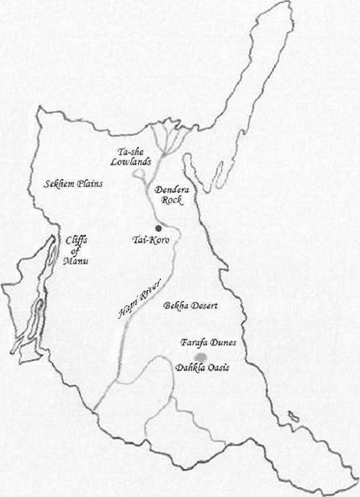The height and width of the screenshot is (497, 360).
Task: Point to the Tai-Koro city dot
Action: [159, 229]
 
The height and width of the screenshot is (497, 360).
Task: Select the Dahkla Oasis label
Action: [202, 367]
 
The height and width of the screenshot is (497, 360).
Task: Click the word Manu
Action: [77, 261]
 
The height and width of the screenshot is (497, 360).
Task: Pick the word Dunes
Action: [218, 341]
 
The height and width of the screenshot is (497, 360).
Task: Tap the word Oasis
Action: [218, 367]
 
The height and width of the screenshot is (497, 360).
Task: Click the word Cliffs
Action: [77, 239]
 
